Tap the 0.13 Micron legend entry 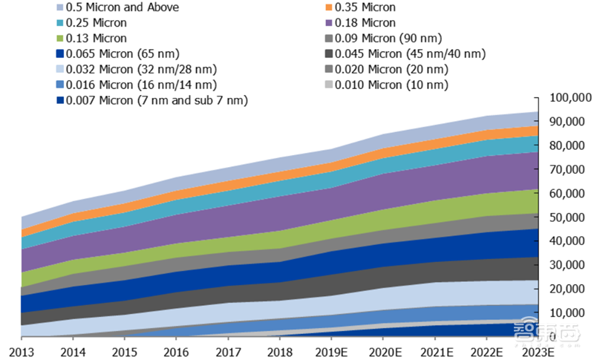coord(97,39)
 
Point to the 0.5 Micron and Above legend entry coord(123,7)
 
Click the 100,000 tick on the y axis coord(569,98)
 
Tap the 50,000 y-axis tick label coord(569,217)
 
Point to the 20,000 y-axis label coord(569,289)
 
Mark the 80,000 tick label coord(569,145)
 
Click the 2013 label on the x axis coord(22,350)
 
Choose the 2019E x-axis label coord(332,350)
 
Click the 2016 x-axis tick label coord(175,350)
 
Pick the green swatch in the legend coord(60,39)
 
